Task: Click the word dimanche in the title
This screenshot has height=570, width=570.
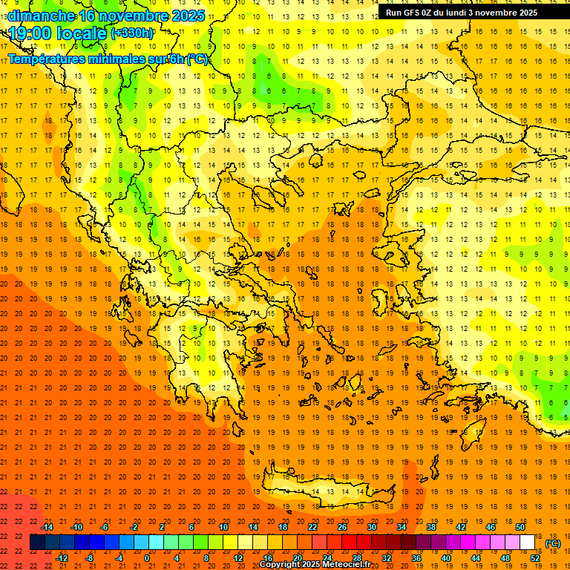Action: click(x=42, y=16)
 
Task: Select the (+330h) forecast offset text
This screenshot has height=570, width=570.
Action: click(x=132, y=33)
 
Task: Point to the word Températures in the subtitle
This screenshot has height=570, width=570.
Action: click(x=45, y=59)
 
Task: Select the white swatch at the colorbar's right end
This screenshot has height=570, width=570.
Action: click(x=528, y=543)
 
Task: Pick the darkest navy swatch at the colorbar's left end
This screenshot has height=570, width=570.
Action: click(x=38, y=543)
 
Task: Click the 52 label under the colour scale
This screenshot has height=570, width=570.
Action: click(x=535, y=558)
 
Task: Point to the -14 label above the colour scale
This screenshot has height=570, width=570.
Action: click(x=47, y=527)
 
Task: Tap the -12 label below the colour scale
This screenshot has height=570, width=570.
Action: click(x=62, y=558)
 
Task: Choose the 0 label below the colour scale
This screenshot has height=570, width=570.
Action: click(x=147, y=558)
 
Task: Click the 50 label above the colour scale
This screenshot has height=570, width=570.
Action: click(x=520, y=527)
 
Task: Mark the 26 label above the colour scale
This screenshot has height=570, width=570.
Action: click(x=342, y=527)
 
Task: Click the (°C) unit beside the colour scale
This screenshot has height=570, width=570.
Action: click(x=552, y=543)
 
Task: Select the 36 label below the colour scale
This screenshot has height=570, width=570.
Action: click(x=416, y=558)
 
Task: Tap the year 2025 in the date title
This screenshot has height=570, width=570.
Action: click(x=188, y=16)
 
